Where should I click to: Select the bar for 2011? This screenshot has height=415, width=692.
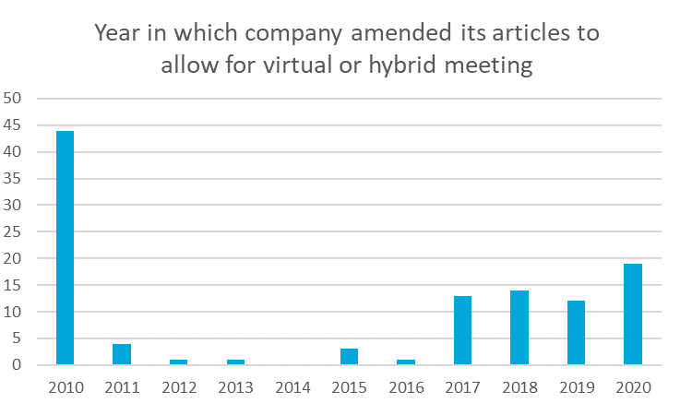point(121,354)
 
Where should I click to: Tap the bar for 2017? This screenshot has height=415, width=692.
point(462,330)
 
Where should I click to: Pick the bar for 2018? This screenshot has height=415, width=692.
point(519,327)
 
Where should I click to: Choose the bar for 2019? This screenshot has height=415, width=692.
point(576,333)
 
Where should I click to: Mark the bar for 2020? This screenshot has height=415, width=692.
point(632,314)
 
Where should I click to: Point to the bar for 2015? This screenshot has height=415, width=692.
point(349,357)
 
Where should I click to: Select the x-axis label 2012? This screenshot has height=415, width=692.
point(178,387)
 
